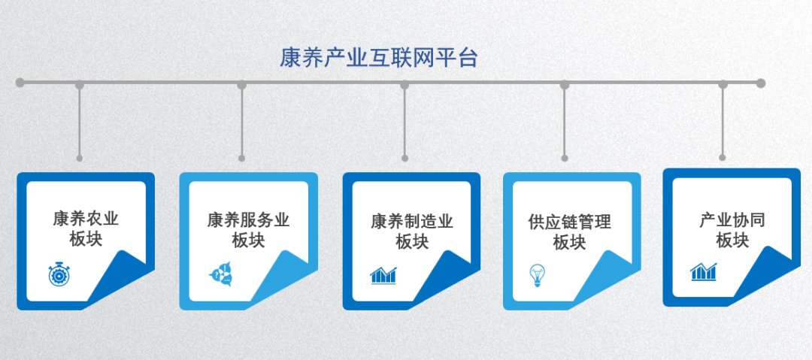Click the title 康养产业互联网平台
tap(378, 58)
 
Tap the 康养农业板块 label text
tap(86, 228)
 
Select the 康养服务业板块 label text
tap(249, 230)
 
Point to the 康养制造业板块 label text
tap(412, 231)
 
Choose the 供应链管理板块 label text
tap(570, 231)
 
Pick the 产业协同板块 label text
tap(732, 230)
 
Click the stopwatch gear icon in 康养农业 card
tap(59, 274)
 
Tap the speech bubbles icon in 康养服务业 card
tap(220, 274)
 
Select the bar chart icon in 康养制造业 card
tap(383, 276)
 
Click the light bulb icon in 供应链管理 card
tap(537, 276)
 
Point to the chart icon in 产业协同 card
tap(703, 272)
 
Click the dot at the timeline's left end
tap(20, 83)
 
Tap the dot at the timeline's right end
tap(760, 83)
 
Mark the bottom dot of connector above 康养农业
tap(79, 158)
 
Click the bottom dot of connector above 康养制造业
tap(405, 158)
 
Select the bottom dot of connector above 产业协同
tap(723, 158)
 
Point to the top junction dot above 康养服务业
tap(242, 84)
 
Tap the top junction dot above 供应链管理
tap(565, 84)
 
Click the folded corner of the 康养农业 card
tap(120, 277)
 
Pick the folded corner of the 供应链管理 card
tap(607, 277)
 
